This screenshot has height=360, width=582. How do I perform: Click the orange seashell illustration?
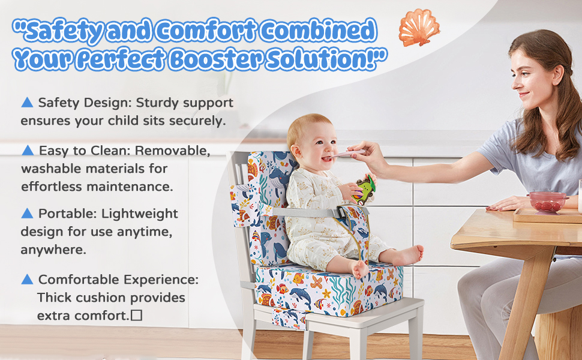click(x=419, y=28)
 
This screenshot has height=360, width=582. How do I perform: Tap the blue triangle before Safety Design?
click(x=27, y=103)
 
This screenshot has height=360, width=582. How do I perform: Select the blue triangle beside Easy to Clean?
click(x=28, y=151)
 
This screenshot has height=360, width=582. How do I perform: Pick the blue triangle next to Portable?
click(x=27, y=214)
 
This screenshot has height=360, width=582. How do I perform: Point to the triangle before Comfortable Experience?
click(x=27, y=280)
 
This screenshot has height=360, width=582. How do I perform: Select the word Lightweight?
click(x=140, y=214)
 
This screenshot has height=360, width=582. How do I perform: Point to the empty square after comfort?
click(x=137, y=316)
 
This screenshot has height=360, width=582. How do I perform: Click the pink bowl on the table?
click(x=547, y=202)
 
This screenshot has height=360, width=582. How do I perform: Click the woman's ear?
click(x=557, y=74)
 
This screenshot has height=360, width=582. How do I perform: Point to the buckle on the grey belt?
click(x=340, y=212)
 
